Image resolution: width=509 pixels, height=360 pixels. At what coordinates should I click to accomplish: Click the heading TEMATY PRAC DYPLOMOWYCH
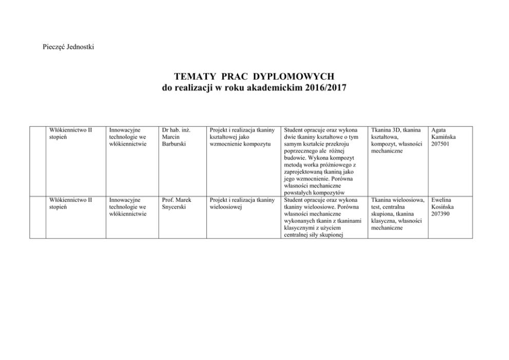tap(254, 77)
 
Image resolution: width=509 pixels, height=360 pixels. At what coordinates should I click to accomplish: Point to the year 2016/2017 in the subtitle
tap(325, 88)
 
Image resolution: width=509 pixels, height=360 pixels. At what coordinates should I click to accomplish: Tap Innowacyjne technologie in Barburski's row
tap(128, 137)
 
